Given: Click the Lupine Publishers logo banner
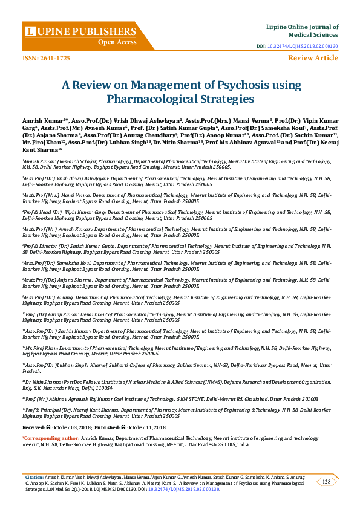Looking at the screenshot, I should tap(79, 30).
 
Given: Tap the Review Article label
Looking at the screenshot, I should tap(313, 58).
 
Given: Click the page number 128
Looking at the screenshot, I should tap(326, 481).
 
